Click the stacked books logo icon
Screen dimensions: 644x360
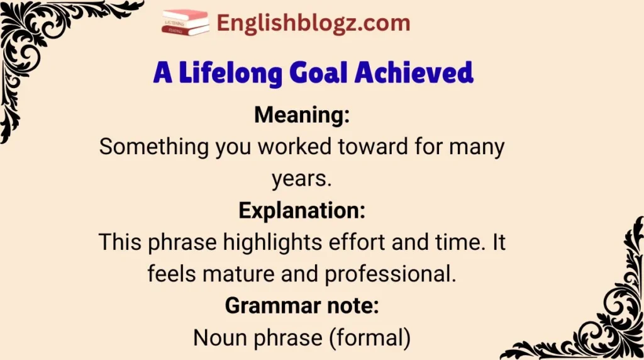click(186, 23)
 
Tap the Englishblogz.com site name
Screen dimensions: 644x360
click(313, 23)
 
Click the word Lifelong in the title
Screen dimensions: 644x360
click(230, 74)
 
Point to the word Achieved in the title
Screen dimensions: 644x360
click(414, 73)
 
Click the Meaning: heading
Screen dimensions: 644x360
click(302, 115)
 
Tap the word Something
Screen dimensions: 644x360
click(153, 147)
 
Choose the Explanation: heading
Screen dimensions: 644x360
click(302, 211)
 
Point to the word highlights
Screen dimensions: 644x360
click(272, 243)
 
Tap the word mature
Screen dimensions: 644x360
click(238, 274)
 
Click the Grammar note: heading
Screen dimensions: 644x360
click(302, 306)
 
